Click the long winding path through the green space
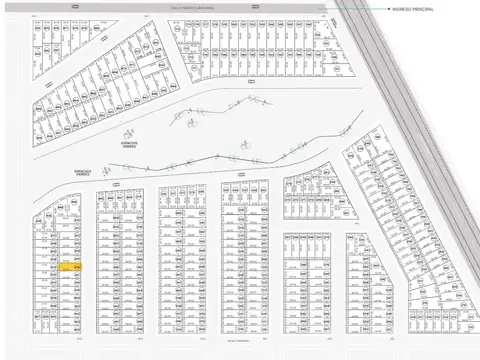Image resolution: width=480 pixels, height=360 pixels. (200, 160)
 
